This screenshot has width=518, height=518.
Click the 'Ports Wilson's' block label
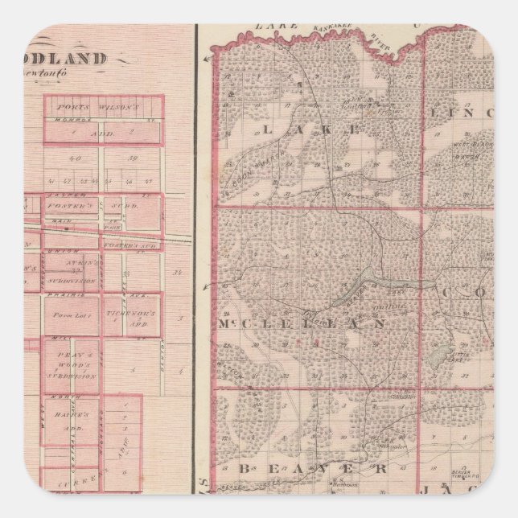(x=102, y=105)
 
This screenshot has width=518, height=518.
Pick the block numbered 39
(x=133, y=158)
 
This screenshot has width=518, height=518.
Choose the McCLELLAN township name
(x=302, y=323)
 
